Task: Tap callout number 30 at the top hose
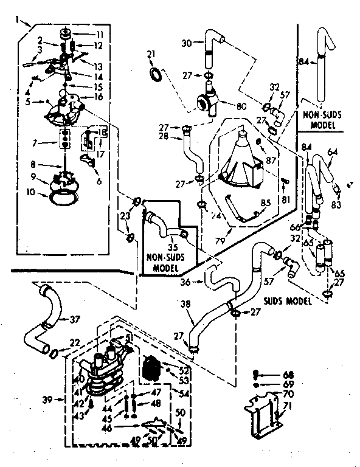pos(187,43)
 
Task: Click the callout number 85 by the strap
pos(265,203)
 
